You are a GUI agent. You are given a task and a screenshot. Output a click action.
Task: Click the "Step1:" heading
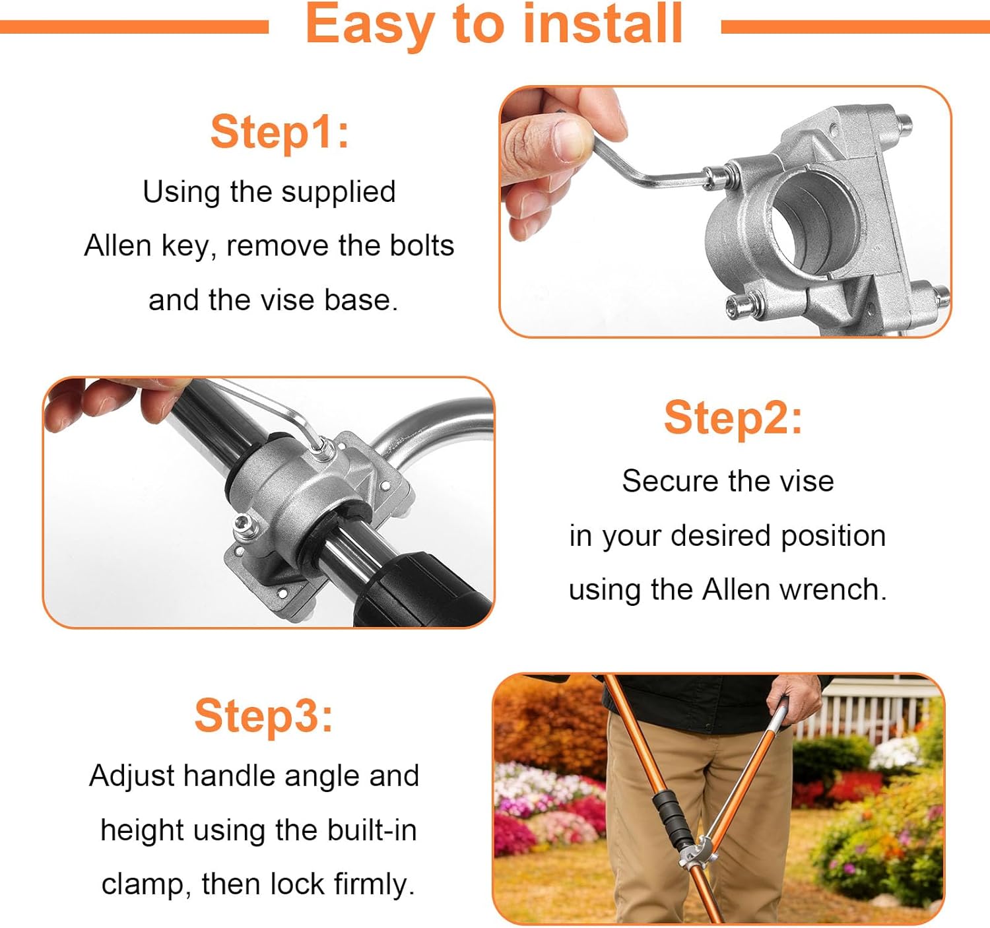point(280,132)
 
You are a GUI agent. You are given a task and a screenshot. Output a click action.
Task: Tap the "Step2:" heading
point(733,418)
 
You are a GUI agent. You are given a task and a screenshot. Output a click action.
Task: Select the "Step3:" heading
point(264,715)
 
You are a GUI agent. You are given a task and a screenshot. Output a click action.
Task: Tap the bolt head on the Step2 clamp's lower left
point(242,525)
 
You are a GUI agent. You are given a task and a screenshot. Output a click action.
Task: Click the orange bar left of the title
point(132,27)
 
